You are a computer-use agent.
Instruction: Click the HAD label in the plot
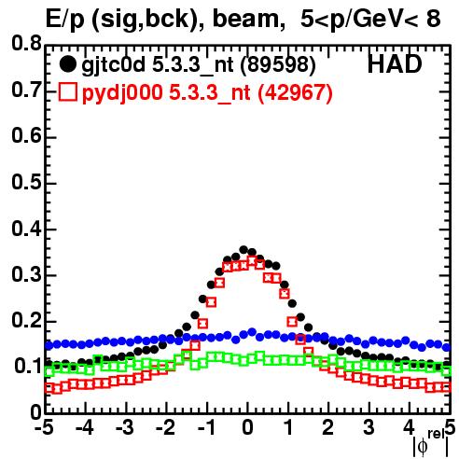(395, 64)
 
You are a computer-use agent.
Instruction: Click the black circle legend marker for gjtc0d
(67, 64)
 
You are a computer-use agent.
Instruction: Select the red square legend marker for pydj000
(67, 92)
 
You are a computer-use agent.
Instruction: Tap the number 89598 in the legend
(278, 64)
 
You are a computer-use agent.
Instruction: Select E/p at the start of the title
(64, 20)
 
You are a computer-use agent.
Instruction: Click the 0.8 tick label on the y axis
(26, 44)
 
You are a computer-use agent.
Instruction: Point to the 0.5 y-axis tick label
(26, 183)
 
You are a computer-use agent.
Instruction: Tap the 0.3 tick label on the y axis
(26, 275)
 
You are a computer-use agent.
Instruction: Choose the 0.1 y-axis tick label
(28, 367)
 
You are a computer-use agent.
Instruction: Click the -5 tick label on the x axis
(46, 428)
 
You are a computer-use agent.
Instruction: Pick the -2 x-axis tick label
(166, 428)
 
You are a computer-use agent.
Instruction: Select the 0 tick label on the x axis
(247, 428)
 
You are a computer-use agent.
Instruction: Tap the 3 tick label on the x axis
(369, 428)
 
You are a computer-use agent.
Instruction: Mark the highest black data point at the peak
(243, 249)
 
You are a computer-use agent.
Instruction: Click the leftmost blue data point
(49, 345)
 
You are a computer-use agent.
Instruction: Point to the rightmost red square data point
(446, 387)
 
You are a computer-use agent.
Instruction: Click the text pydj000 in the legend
(122, 93)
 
